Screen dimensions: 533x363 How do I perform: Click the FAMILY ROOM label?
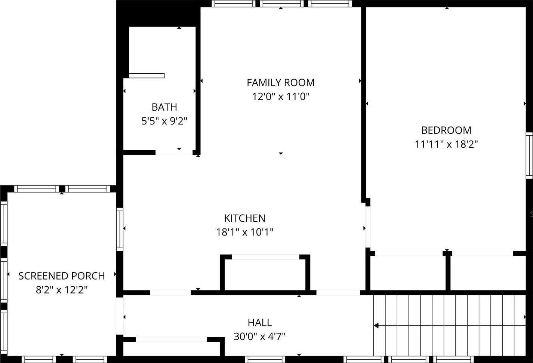[281, 83]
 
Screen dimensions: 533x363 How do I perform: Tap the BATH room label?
[164, 107]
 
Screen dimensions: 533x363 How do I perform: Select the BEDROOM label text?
[446, 130]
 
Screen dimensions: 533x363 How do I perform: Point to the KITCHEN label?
[244, 218]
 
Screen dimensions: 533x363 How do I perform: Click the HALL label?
[260, 323]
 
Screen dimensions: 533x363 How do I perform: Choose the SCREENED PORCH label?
[62, 276]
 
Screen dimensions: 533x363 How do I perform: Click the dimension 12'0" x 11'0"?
[281, 97]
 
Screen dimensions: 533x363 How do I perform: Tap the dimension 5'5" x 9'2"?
[164, 121]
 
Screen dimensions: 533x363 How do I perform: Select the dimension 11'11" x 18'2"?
[446, 144]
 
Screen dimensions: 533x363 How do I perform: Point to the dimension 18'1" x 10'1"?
[244, 232]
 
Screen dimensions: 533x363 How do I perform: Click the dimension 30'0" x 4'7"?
[260, 336]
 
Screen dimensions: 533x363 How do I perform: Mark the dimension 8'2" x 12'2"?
[62, 290]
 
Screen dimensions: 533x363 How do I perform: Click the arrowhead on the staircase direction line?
[376, 325]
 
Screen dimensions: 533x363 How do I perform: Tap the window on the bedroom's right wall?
[529, 156]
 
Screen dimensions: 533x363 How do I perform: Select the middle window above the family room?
[281, 4]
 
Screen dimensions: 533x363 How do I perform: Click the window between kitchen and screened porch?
[120, 230]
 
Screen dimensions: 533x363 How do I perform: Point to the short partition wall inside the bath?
[147, 76]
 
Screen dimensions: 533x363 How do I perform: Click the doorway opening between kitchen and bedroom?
[368, 227]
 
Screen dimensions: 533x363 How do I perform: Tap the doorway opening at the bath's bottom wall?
[174, 153]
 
